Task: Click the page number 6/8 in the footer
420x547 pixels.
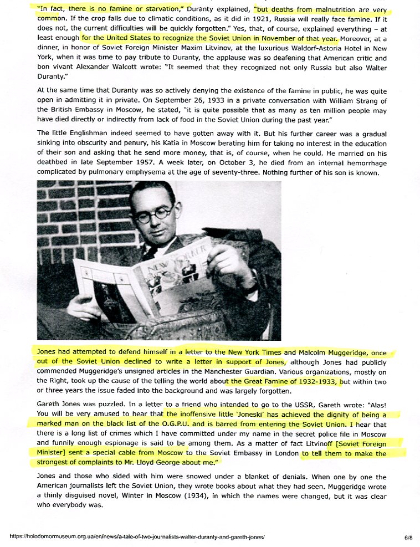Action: click(408, 538)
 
